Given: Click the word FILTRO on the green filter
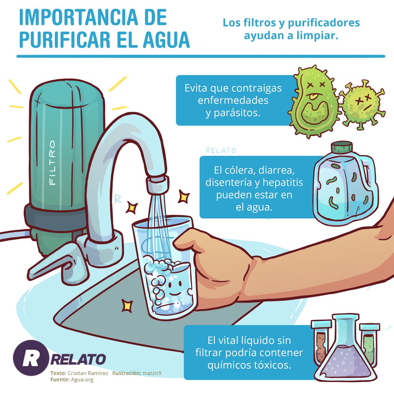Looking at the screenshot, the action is [52, 163].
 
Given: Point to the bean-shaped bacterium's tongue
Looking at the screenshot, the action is [313, 96].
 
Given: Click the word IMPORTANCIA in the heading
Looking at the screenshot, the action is [78, 17].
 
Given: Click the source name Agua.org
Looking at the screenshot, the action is [82, 380].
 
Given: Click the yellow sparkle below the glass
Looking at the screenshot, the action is [127, 306].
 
